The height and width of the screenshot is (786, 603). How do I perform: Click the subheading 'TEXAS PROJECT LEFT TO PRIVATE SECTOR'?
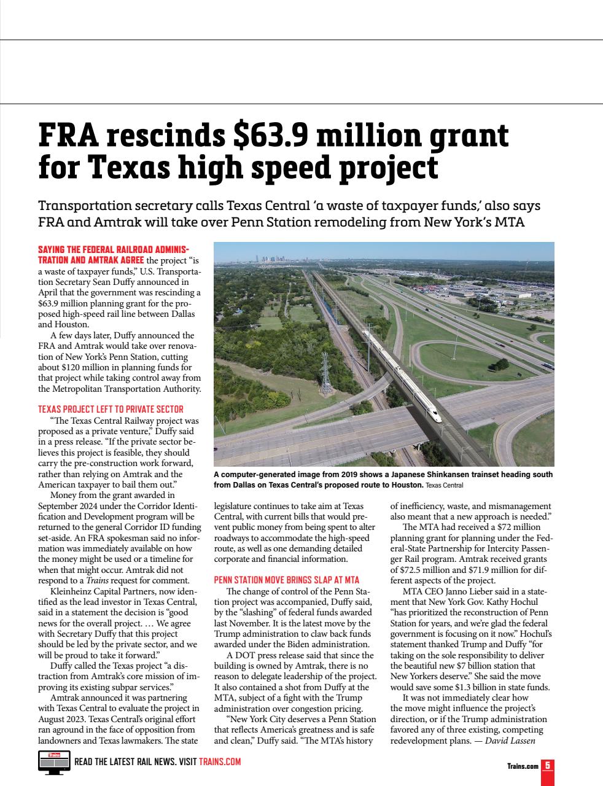click(111, 409)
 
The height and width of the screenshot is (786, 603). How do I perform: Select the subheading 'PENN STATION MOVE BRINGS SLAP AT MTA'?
click(286, 580)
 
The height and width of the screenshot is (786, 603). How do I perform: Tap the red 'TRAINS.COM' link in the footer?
click(220, 762)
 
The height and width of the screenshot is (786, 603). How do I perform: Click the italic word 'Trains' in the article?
click(96, 580)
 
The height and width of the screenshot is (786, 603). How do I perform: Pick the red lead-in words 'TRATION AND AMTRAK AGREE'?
click(91, 260)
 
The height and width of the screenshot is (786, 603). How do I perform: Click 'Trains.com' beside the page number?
click(522, 766)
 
